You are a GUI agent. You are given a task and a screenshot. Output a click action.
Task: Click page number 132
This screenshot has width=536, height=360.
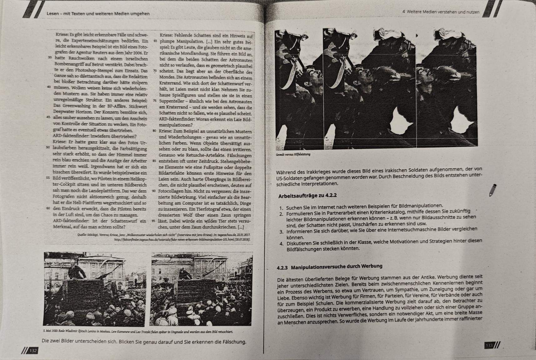point(33,351)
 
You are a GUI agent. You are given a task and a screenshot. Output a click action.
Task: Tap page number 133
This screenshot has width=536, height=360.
point(489,345)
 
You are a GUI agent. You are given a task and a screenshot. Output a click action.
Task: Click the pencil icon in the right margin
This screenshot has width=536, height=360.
point(493,190)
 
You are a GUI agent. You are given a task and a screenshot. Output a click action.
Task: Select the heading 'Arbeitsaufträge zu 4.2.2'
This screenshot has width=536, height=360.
point(307,196)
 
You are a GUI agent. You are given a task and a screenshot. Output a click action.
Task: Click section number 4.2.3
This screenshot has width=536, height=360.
point(282,268)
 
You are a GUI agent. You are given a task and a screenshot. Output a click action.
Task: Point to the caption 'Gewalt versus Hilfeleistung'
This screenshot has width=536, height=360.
point(293,155)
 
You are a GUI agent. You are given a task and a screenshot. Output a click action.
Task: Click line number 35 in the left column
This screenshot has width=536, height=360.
point(50,58)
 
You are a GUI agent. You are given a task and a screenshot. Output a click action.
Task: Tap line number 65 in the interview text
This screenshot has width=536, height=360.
point(155,41)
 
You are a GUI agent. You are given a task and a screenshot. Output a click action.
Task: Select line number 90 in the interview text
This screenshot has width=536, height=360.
point(154,191)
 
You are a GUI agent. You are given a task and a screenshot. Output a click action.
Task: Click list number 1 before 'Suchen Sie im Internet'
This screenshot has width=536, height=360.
point(281,208)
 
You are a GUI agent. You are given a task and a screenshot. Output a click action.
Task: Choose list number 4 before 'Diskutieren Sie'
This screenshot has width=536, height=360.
point(282,244)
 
